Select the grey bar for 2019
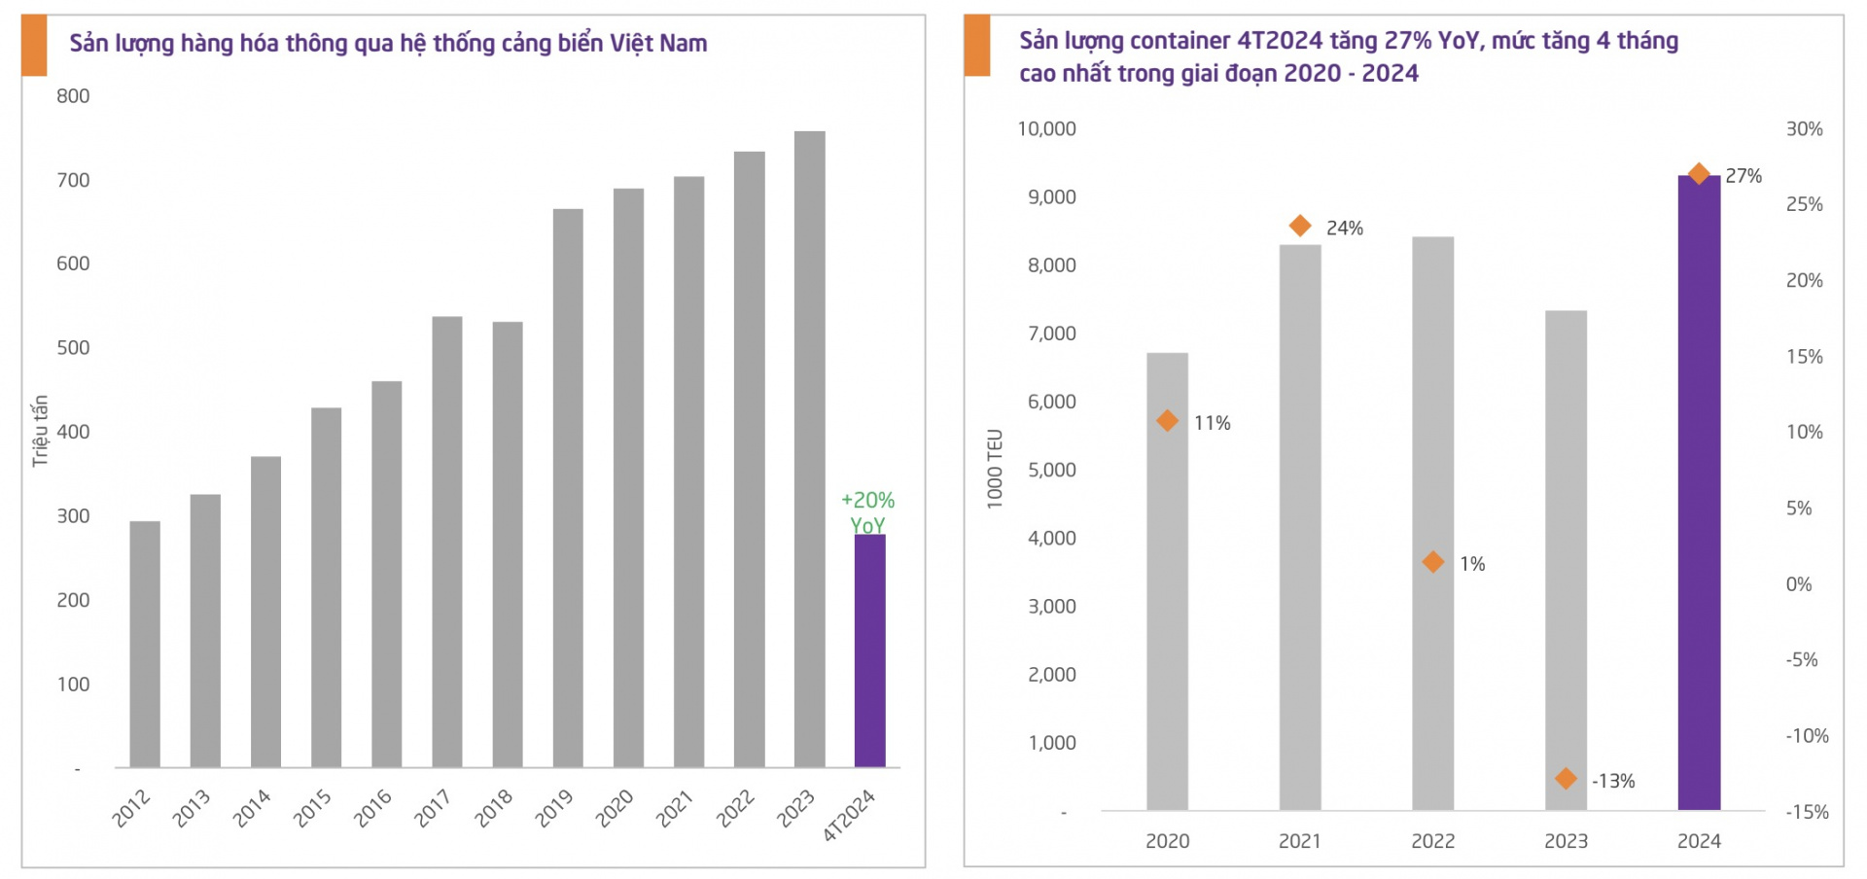[x=568, y=486]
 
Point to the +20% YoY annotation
[x=867, y=511]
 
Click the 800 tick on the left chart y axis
[x=73, y=96]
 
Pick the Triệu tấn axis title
[x=40, y=431]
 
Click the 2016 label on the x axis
[x=372, y=808]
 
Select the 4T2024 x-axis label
[x=849, y=815]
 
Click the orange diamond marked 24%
[x=1300, y=227]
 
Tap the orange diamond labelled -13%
[x=1566, y=778]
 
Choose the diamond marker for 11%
[x=1167, y=421]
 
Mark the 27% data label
[x=1744, y=176]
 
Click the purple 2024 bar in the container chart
[x=1699, y=496]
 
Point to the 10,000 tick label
[x=1046, y=129]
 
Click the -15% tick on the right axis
[x=1807, y=812]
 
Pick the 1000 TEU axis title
[x=994, y=468]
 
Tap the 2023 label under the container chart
[x=1566, y=841]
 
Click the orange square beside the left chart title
[x=34, y=46]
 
